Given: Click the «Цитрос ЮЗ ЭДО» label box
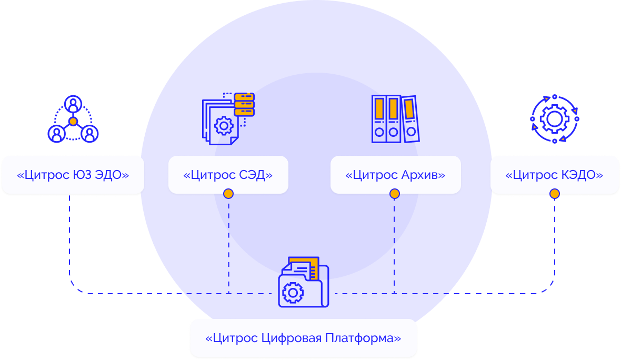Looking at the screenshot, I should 73,175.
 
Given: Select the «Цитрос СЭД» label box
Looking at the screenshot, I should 228,175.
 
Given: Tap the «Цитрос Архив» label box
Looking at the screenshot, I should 395,175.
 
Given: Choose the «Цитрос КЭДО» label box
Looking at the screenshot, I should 554,175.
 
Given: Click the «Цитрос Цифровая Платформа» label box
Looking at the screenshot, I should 303,338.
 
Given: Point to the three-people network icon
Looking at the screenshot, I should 73,119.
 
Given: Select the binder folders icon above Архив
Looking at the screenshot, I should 395,119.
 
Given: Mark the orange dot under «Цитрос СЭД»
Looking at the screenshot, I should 228,194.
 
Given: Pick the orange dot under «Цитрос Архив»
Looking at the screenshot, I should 395,194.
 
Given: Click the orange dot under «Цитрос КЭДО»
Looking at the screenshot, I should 554,194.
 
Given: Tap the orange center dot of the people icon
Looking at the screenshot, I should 73,122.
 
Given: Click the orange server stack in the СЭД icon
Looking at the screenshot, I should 244,104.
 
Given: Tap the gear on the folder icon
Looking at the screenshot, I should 293,292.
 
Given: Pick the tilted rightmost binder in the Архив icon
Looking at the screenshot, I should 410,119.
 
